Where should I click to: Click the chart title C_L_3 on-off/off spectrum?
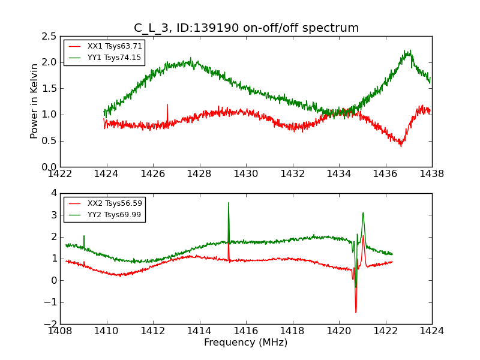tap(246, 28)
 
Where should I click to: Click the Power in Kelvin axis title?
tap(35, 101)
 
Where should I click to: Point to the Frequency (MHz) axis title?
tap(245, 343)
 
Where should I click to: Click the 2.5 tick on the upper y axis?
tap(50, 36)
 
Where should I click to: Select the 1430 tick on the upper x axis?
tap(245, 174)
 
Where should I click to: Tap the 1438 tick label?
tap(431, 174)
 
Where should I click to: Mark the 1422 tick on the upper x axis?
tap(60, 174)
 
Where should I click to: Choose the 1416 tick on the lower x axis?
tap(245, 331)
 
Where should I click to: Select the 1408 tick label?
tap(60, 331)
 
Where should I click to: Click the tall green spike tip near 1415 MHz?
tap(228, 203)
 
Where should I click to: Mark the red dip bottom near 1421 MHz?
tap(355, 312)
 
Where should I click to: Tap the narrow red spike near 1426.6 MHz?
tap(167, 105)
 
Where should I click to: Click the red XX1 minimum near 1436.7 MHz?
tap(401, 146)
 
